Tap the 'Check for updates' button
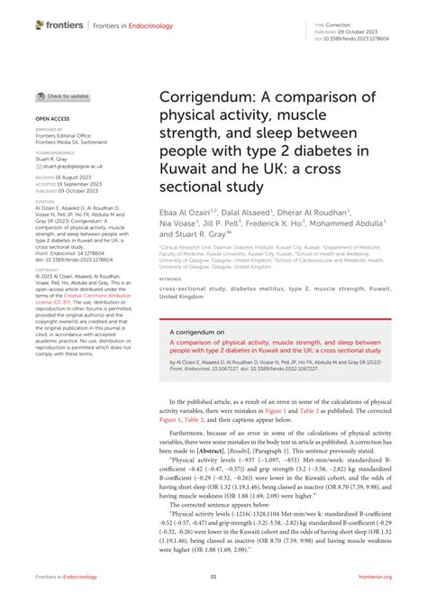tap(62, 96)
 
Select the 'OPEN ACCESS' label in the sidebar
tap(53, 118)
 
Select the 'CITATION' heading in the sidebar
tap(45, 202)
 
